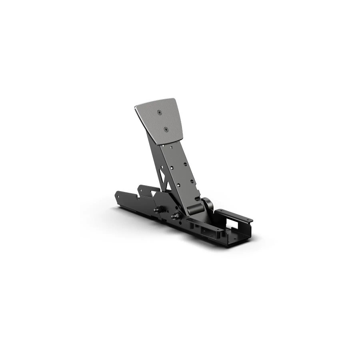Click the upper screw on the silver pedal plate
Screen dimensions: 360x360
[x=160, y=113]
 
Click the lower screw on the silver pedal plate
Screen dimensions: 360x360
[x=166, y=129]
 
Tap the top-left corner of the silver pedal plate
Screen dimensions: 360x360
[x=136, y=107]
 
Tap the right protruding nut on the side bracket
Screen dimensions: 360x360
[x=175, y=216]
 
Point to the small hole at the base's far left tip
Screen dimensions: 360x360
[x=117, y=196]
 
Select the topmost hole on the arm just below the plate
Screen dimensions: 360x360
[x=172, y=147]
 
